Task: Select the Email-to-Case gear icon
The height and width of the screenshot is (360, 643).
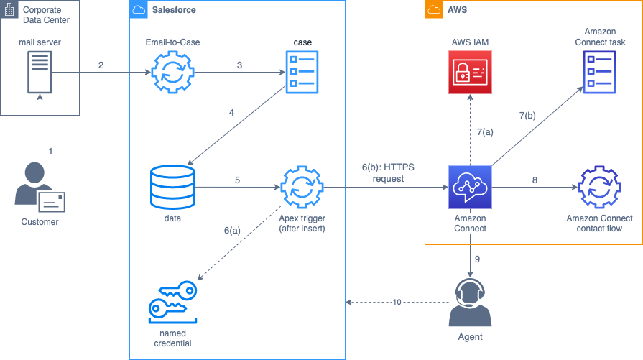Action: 172,73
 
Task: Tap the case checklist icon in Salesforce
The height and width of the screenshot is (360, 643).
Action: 302,73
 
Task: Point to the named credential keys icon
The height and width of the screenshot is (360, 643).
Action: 172,302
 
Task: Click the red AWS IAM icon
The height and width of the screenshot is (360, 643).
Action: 471,73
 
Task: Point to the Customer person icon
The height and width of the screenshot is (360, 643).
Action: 40,188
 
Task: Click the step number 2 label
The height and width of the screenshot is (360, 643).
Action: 101,65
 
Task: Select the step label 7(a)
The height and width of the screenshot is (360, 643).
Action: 486,131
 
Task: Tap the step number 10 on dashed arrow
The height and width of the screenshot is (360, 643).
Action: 397,302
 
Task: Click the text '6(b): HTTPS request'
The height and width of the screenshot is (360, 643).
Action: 388,172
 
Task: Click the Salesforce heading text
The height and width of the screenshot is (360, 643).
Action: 174,10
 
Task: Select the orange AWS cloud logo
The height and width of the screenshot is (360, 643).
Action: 433,10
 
